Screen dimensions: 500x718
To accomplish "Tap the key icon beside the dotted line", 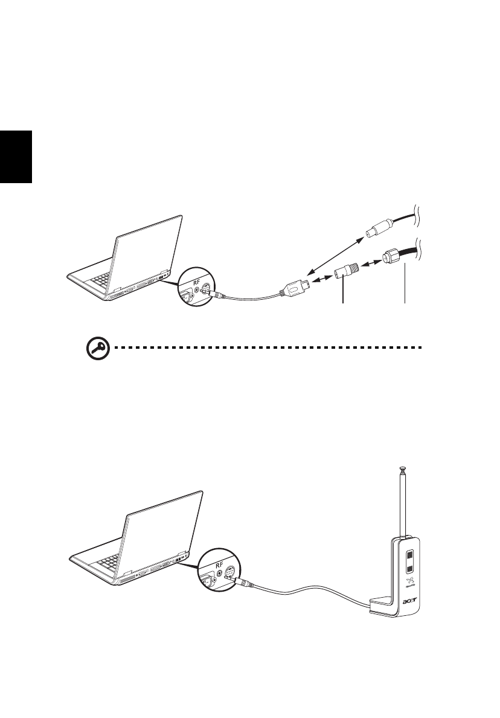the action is pos(94,349).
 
